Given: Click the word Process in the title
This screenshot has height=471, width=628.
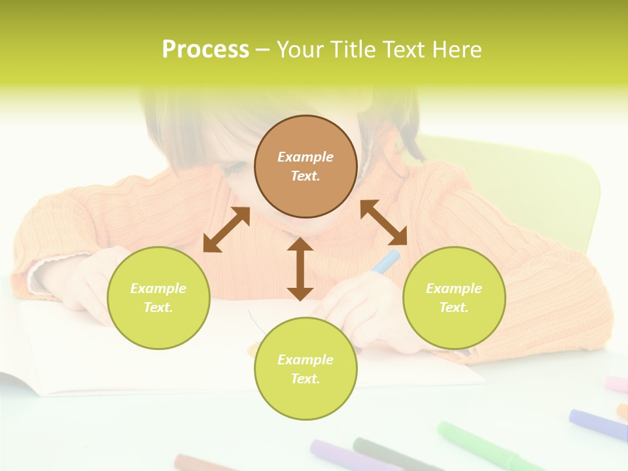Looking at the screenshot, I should [205, 49].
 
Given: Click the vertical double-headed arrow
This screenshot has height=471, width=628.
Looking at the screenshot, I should [300, 269].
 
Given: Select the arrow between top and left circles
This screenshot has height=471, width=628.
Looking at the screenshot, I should [226, 230].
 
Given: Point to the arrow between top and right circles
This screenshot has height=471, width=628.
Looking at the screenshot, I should [384, 222].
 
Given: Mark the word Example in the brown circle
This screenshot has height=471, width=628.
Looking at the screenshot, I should [305, 157].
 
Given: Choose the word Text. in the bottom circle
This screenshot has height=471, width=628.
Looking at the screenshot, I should [305, 379].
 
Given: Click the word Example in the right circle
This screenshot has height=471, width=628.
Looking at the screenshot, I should [454, 288].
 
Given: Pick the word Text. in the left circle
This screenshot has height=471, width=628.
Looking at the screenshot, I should [158, 307].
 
